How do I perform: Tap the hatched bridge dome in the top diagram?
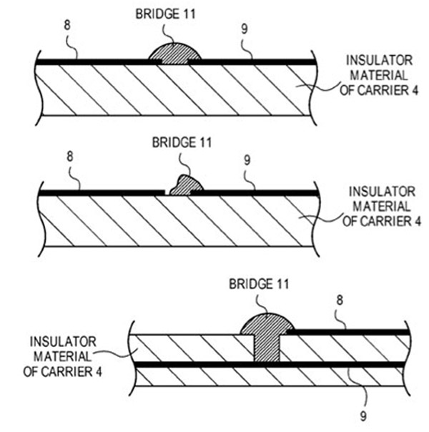(x=176, y=55)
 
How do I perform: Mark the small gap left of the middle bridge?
(x=167, y=192)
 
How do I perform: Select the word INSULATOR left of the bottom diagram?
(x=61, y=343)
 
